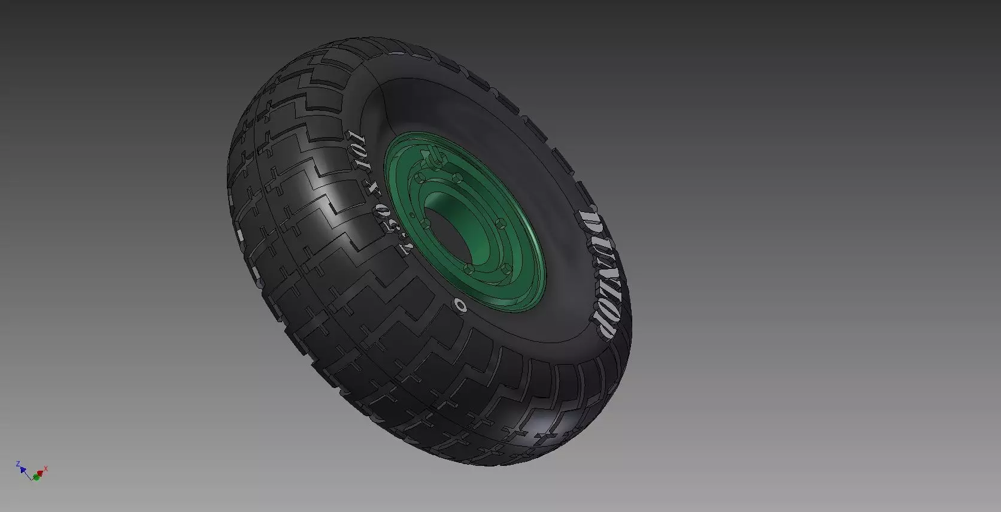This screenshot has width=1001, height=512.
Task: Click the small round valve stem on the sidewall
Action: (x=461, y=305)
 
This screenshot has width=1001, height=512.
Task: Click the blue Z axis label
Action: (x=19, y=464)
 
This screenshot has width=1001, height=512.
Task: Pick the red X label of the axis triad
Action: (x=46, y=469)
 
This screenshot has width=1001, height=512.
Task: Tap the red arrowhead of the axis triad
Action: (x=41, y=473)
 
